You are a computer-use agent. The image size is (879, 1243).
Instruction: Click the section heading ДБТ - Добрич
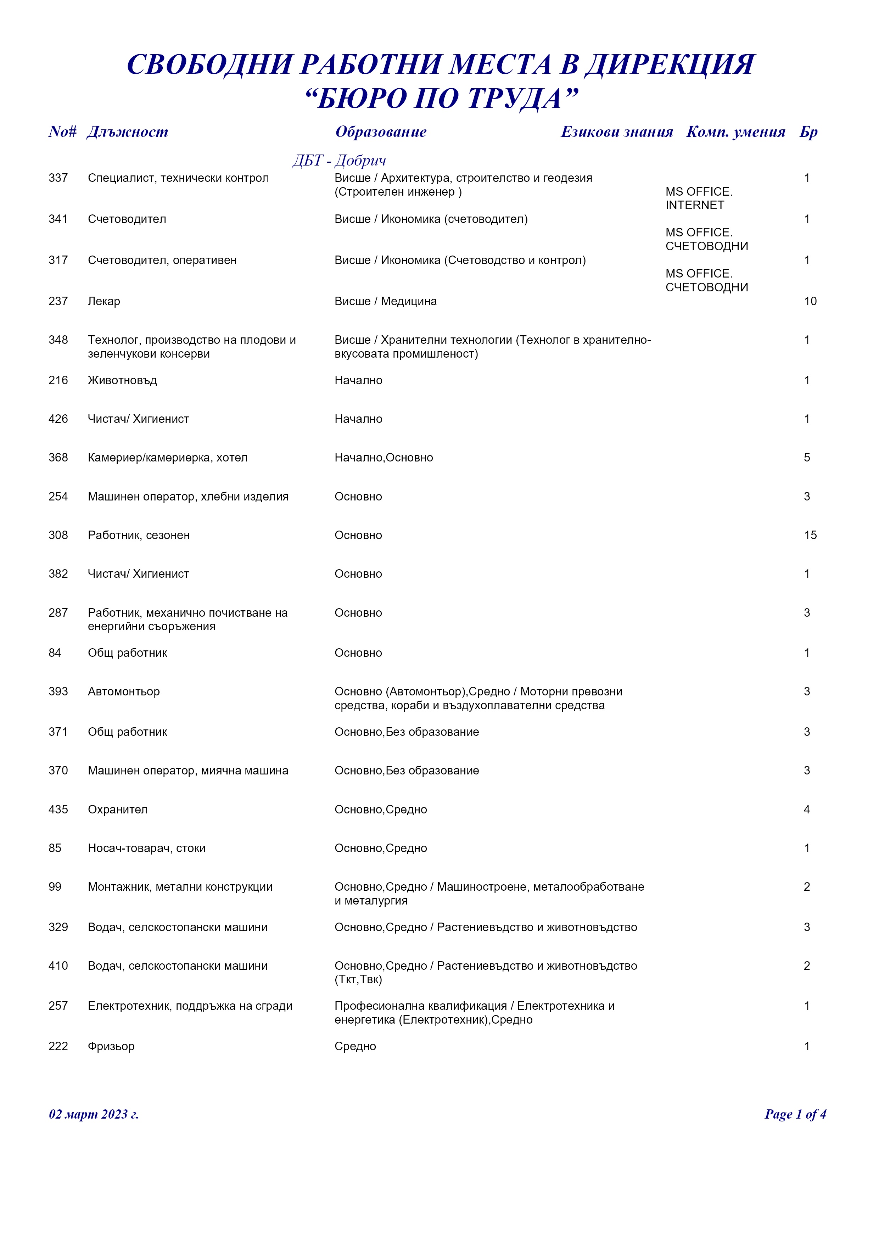pyautogui.click(x=339, y=161)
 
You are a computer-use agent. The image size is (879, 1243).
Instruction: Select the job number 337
pyautogui.click(x=58, y=178)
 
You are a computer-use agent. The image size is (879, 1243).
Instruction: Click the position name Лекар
pyautogui.click(x=104, y=302)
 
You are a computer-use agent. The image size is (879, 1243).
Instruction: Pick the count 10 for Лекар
pyautogui.click(x=810, y=302)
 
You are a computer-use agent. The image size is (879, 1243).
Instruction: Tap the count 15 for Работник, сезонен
pyautogui.click(x=810, y=536)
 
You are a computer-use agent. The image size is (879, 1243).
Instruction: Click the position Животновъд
pyautogui.click(x=122, y=381)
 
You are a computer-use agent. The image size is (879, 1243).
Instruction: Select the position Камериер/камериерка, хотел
pyautogui.click(x=168, y=458)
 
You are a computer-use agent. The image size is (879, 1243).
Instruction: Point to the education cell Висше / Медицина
pyautogui.click(x=385, y=302)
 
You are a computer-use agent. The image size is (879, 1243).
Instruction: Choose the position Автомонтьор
pyautogui.click(x=124, y=692)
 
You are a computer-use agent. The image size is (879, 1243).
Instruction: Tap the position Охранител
pyautogui.click(x=117, y=810)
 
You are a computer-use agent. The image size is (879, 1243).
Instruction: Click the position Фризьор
pyautogui.click(x=111, y=1047)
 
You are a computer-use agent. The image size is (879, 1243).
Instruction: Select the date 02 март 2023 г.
pyautogui.click(x=94, y=1114)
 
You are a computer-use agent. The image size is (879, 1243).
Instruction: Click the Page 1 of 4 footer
pyautogui.click(x=795, y=1114)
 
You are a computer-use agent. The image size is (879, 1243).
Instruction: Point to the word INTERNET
pyautogui.click(x=694, y=205)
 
